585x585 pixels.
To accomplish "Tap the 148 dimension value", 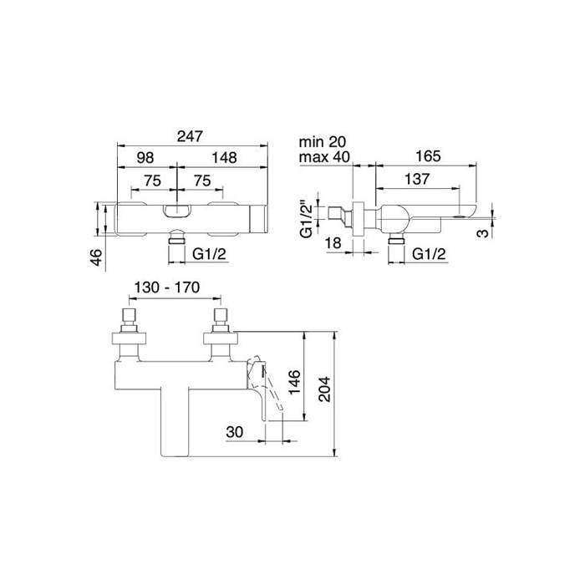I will point(223,157).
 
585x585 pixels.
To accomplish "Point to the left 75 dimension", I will point(152,181).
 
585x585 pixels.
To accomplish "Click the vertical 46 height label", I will point(96,257).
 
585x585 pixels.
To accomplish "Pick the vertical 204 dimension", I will point(326,385).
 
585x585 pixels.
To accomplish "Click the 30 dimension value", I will point(235,432).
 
